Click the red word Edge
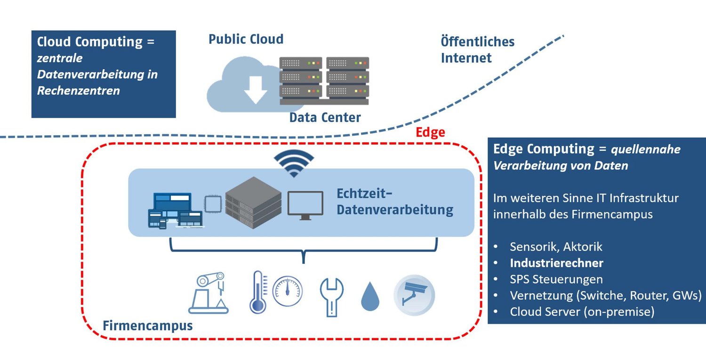(x=430, y=133)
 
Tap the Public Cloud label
(x=246, y=39)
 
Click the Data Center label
(x=325, y=117)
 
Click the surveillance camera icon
(x=414, y=295)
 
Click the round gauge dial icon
(x=288, y=291)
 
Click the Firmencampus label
(x=147, y=325)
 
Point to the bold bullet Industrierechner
(x=556, y=263)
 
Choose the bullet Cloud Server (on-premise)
(x=582, y=312)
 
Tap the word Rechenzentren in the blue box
(x=79, y=90)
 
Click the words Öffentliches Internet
(x=477, y=49)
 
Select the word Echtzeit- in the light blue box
(x=364, y=194)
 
